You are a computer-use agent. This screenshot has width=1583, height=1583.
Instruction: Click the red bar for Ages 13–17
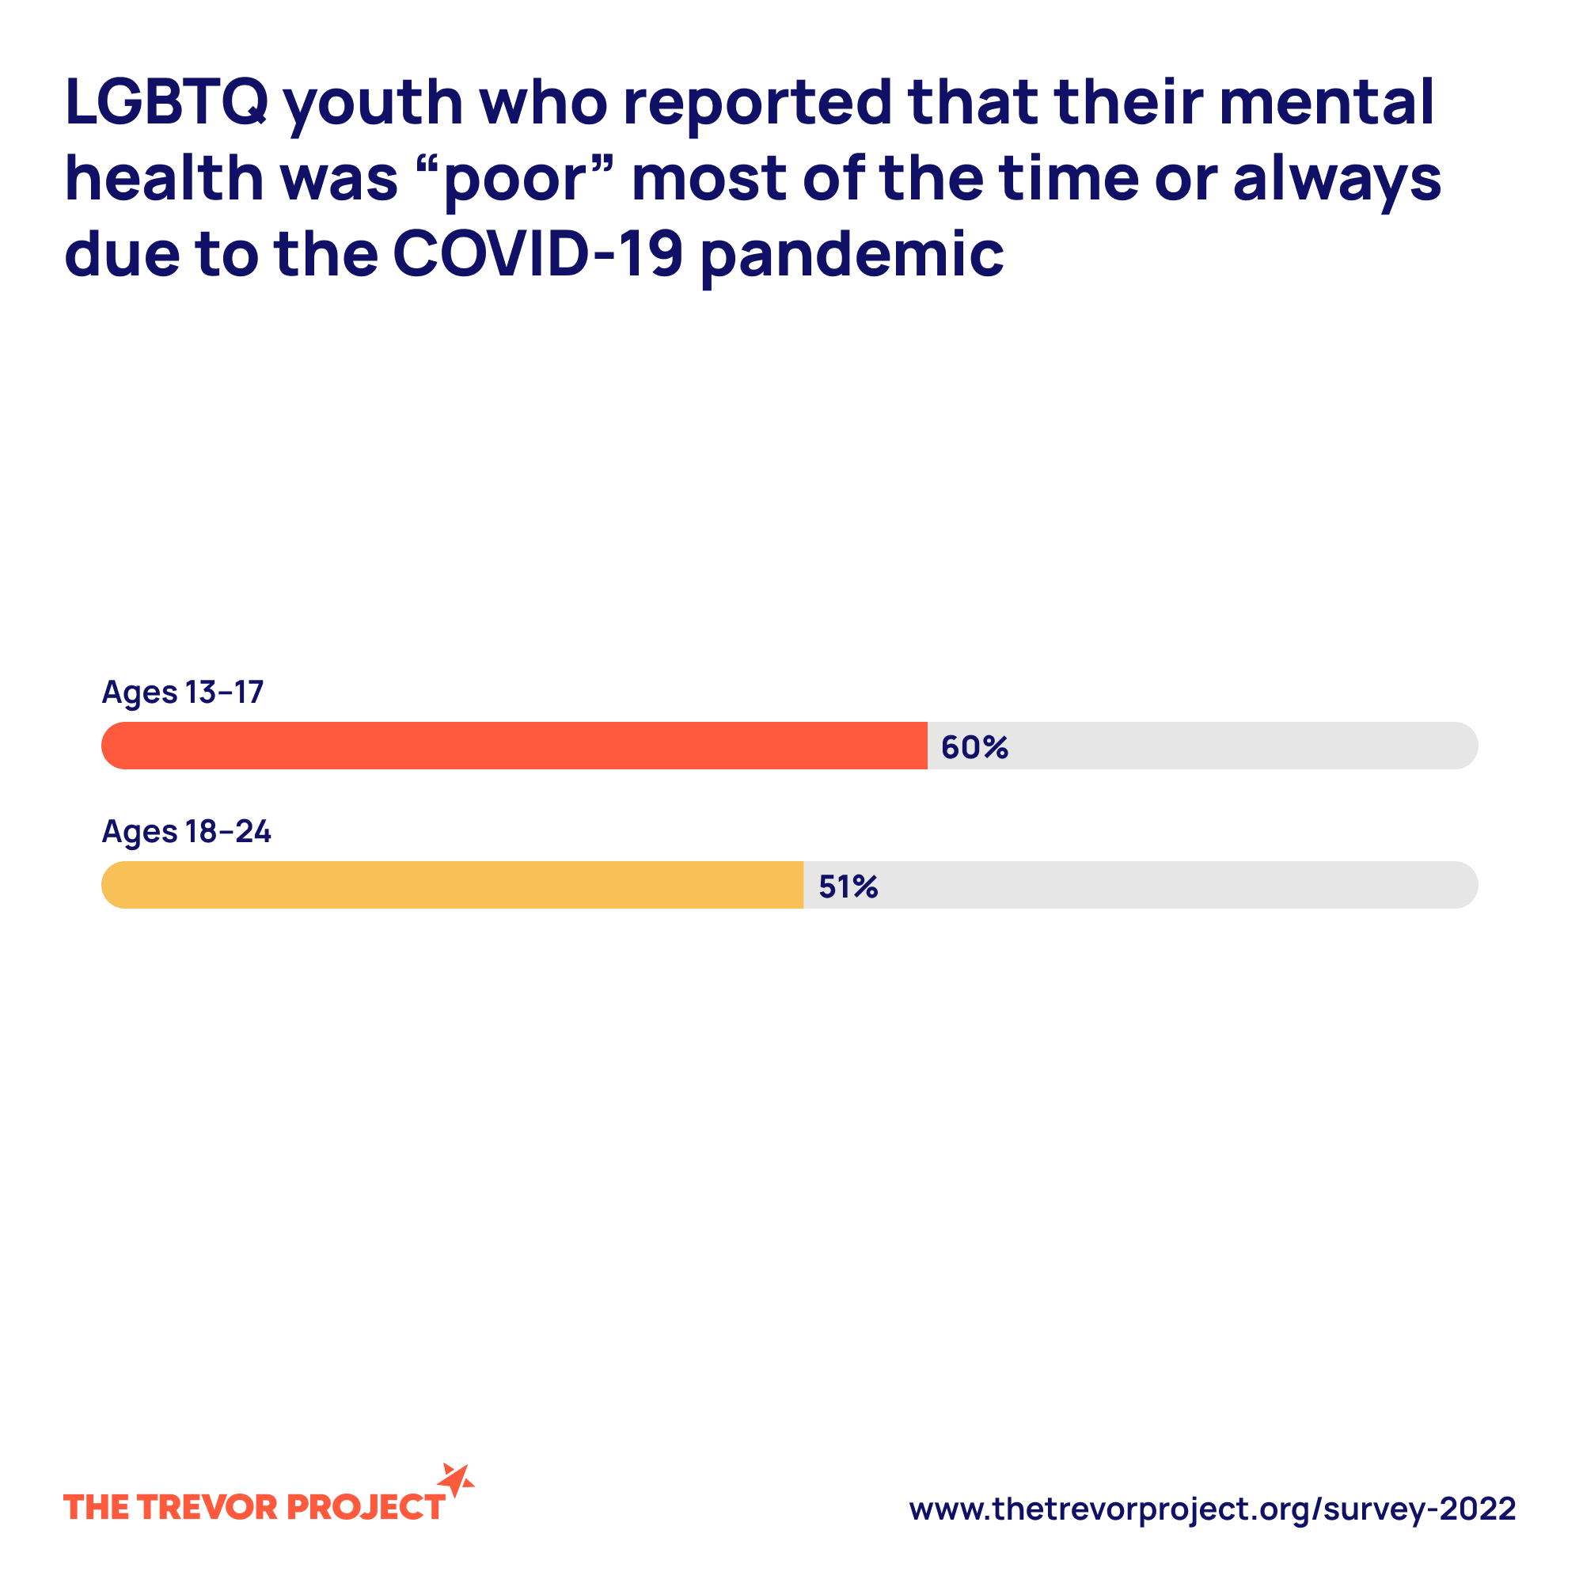pyautogui.click(x=514, y=746)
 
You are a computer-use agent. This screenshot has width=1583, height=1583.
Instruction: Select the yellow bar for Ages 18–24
pyautogui.click(x=451, y=885)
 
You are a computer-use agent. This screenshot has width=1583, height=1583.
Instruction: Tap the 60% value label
pyautogui.click(x=974, y=747)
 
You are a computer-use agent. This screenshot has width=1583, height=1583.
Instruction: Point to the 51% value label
pyautogui.click(x=848, y=886)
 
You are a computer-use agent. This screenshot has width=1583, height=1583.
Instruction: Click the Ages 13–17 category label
pyautogui.click(x=183, y=693)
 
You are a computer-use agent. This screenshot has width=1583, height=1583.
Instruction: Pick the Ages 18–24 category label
pyautogui.click(x=186, y=832)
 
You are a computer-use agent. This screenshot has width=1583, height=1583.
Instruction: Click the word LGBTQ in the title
pyautogui.click(x=166, y=102)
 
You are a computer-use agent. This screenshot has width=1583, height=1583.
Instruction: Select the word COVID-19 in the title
pyautogui.click(x=537, y=253)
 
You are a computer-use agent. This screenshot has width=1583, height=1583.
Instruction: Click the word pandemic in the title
pyautogui.click(x=852, y=256)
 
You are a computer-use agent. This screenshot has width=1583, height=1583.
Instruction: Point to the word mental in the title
pyautogui.click(x=1327, y=102)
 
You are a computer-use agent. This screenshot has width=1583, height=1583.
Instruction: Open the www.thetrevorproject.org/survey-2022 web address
pyautogui.click(x=1212, y=1509)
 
